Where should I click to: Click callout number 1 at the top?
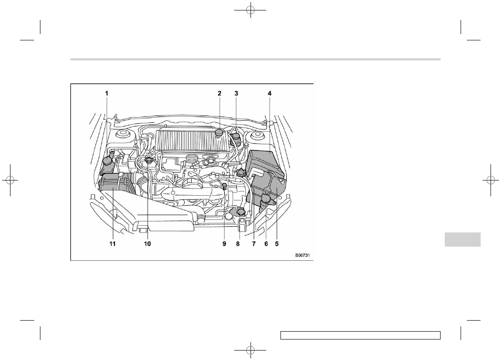coord(107,93)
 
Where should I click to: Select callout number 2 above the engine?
coord(220,93)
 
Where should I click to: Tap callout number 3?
coord(236,93)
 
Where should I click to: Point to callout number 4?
coord(269,93)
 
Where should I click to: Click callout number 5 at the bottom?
coord(277,243)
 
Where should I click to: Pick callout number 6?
coord(266,243)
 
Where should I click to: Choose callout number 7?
coord(254,243)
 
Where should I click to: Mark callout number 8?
coord(237,243)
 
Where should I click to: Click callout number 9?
coord(224,243)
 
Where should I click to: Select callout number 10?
coord(148,243)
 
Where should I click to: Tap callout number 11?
coord(112,243)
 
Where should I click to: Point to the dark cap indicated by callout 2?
coord(220,133)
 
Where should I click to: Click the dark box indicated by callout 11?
coord(113,192)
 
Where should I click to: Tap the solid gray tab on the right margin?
coord(462,239)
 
